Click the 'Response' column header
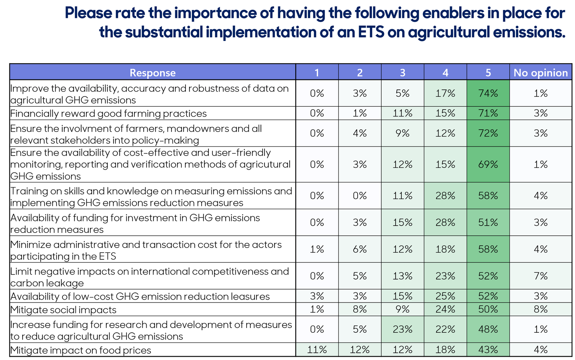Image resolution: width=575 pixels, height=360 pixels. click(152, 73)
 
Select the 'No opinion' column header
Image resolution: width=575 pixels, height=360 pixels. click(540, 73)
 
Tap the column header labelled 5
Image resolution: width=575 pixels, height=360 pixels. click(488, 73)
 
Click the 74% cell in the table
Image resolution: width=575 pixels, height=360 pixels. click(488, 93)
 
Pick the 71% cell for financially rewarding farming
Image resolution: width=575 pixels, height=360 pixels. click(488, 113)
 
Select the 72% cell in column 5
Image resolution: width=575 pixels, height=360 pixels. click(488, 133)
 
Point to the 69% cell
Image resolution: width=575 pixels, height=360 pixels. click(488, 164)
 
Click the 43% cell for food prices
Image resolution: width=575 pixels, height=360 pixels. click(488, 350)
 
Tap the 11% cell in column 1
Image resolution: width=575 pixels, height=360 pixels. click(317, 350)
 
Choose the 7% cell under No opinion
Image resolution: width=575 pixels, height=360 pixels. click(540, 276)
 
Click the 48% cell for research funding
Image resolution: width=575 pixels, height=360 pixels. click(488, 329)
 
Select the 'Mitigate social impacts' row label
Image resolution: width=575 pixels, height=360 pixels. click(63, 310)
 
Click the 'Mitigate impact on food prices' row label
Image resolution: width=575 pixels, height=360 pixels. click(80, 350)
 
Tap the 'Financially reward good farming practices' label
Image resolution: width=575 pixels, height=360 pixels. click(108, 114)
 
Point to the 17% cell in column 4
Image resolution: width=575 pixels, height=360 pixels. click(445, 93)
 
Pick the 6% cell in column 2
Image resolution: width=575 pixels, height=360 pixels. click(360, 249)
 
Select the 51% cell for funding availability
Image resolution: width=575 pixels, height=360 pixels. click(488, 222)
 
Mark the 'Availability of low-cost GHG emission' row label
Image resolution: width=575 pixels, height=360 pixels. click(140, 296)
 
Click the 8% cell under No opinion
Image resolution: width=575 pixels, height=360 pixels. click(540, 309)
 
